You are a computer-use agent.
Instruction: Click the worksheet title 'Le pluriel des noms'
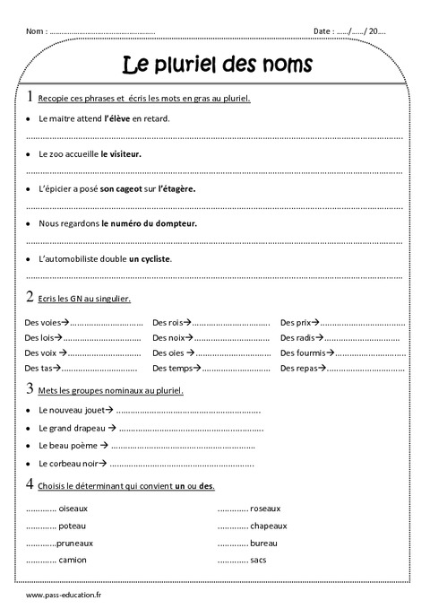216,65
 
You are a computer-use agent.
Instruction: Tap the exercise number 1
31,97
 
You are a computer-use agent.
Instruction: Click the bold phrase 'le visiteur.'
121,153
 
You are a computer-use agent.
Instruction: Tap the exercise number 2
30,297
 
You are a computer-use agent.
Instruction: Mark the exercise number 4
31,484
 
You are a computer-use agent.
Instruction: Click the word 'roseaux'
265,508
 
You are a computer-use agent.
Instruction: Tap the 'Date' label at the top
322,31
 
